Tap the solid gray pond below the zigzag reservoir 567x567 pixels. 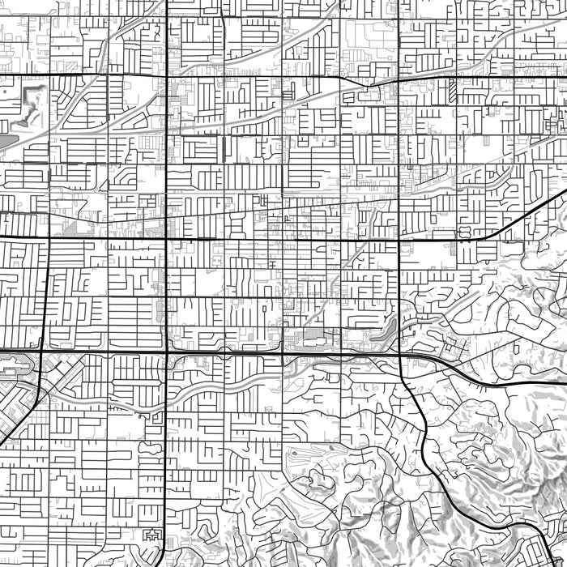[x=6, y=143]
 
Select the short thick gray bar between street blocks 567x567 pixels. [x=223, y=149]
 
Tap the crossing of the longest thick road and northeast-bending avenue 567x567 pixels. [x=166, y=238]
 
